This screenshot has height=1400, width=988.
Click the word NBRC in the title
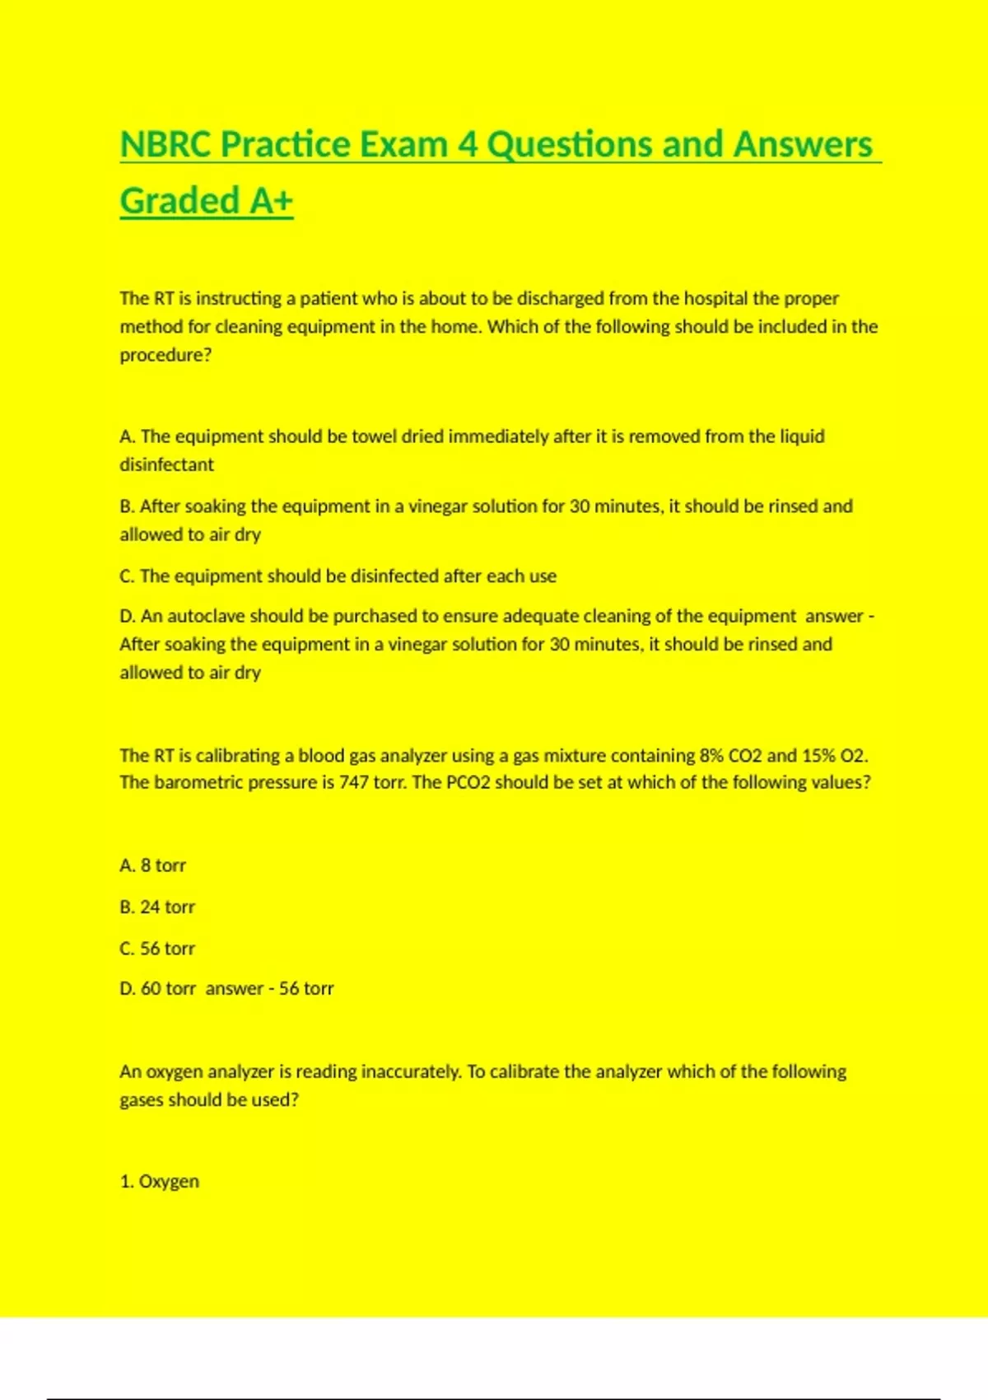(x=165, y=145)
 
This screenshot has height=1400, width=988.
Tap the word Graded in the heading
(x=179, y=201)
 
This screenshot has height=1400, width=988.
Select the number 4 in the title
(x=468, y=145)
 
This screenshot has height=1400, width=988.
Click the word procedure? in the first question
(x=165, y=355)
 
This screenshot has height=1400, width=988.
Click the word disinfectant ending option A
(x=166, y=464)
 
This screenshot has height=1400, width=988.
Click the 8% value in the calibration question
(x=711, y=755)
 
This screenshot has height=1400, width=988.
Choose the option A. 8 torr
(x=152, y=866)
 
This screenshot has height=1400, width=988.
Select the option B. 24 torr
(x=157, y=907)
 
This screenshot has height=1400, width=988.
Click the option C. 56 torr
(x=157, y=948)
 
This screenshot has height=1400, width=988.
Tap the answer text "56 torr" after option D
(x=306, y=988)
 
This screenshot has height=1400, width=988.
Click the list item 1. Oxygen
(x=159, y=1181)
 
